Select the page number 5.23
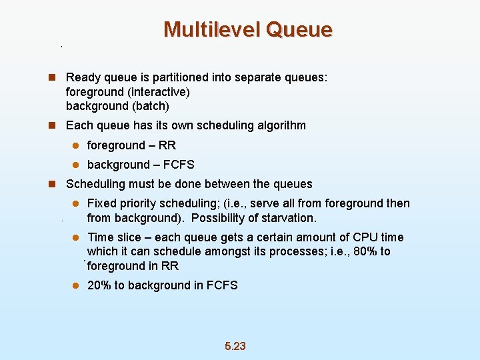235,345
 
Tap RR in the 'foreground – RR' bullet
167,145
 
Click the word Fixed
102,203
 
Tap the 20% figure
99,285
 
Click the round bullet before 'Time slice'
76,238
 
